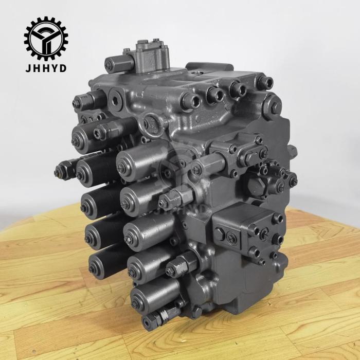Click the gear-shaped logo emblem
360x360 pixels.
coord(46,38)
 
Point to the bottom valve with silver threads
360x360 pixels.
coord(157,320)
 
